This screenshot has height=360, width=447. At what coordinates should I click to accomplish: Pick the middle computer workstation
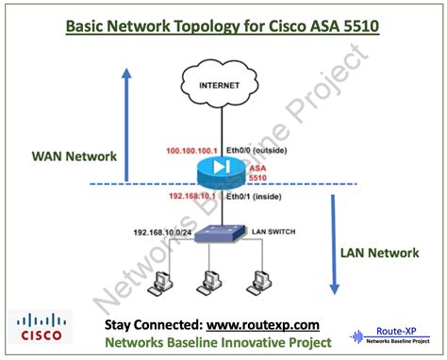coord(210,282)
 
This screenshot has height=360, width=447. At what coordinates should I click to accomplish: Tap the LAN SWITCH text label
coord(273,230)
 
